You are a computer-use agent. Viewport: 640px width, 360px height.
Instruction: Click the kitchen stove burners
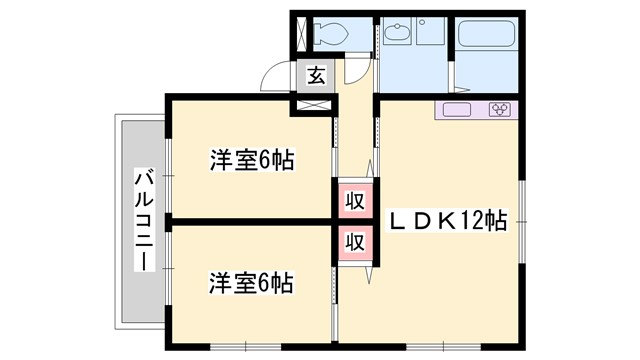click(500, 110)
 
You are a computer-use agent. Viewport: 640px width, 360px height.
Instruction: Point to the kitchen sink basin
click(457, 110)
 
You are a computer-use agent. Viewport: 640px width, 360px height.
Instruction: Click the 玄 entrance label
click(315, 75)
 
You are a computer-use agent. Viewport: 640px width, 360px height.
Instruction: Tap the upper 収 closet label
click(354, 200)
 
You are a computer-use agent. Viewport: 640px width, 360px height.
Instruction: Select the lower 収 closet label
click(354, 242)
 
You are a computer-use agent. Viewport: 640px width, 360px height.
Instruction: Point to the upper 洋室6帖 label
click(251, 160)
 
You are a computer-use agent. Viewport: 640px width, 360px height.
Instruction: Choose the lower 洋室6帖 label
click(251, 283)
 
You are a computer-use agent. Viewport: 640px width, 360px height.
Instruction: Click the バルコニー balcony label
click(141, 222)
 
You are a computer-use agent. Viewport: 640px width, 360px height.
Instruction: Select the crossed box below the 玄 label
click(314, 102)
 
